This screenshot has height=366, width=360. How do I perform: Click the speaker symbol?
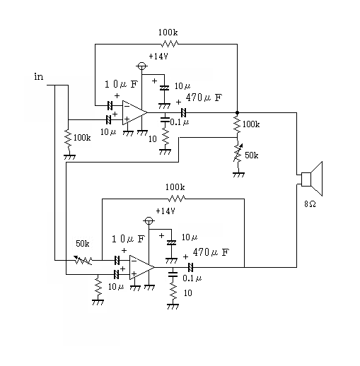[x=311, y=179]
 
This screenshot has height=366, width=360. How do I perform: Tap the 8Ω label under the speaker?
[x=310, y=204]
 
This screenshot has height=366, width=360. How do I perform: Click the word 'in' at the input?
[x=39, y=77]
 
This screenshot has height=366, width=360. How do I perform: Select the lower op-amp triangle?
[x=141, y=268]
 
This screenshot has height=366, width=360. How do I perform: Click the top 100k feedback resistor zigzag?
[x=170, y=44]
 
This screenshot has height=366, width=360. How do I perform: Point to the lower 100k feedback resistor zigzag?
[x=177, y=199]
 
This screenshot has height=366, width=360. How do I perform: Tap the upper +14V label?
[x=158, y=57]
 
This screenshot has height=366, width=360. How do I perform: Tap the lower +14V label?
[x=166, y=211]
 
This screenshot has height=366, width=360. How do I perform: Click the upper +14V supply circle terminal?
[x=141, y=66]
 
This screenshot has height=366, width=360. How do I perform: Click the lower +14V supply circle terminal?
[x=149, y=221]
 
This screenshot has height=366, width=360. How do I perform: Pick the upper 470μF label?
[x=204, y=98]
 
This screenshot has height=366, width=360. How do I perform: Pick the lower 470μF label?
[x=211, y=252]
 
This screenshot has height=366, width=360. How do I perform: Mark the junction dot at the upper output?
[x=237, y=113]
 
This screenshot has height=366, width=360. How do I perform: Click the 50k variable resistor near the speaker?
[x=238, y=153]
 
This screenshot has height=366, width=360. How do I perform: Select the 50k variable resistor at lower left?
[x=83, y=260]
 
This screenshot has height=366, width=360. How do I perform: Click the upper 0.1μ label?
[x=180, y=122]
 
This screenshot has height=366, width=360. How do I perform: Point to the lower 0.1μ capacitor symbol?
[x=173, y=274]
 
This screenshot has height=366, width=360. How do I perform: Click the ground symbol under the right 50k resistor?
[x=238, y=175]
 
